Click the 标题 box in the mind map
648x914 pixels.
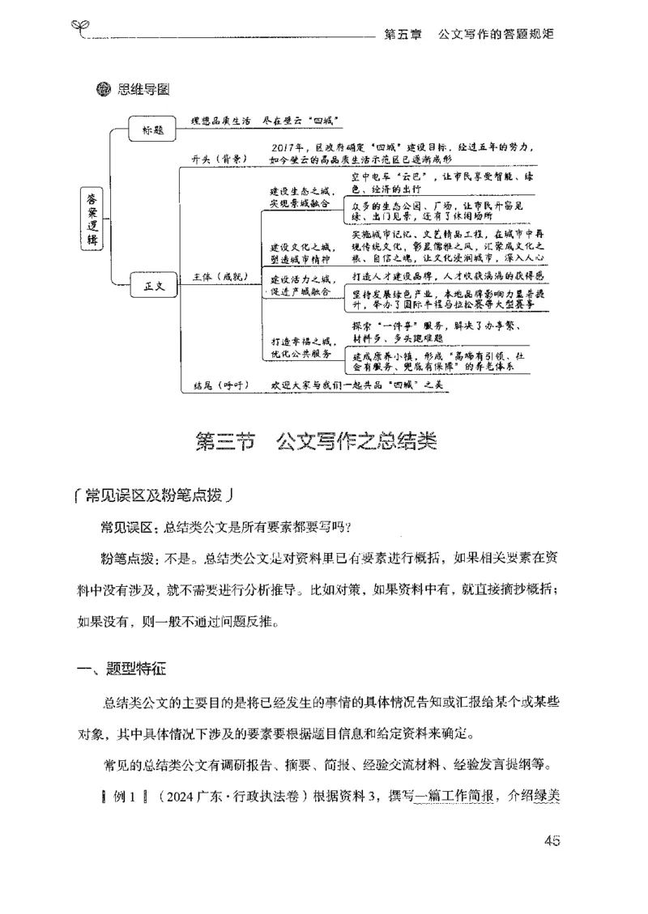tap(153, 129)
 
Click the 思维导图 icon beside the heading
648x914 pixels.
tap(103, 89)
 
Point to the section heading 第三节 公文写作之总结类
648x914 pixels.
tap(317, 442)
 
